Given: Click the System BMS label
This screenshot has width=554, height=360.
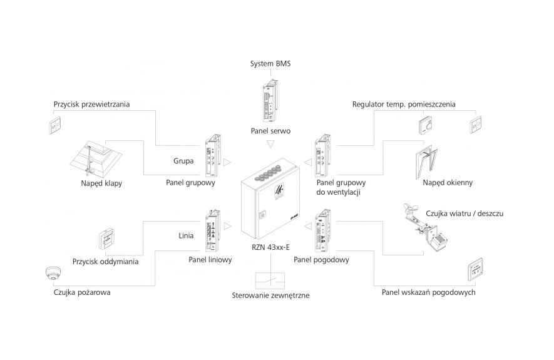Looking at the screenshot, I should click(x=270, y=63).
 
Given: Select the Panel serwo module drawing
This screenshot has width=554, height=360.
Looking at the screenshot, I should click(x=270, y=101).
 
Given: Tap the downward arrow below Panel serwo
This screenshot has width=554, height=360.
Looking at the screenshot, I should click(x=270, y=145).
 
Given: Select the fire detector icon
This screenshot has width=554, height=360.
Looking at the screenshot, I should click(x=52, y=275).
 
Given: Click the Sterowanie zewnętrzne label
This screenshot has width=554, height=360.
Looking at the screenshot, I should click(x=270, y=295).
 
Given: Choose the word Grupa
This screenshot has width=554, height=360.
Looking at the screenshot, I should click(x=183, y=162).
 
